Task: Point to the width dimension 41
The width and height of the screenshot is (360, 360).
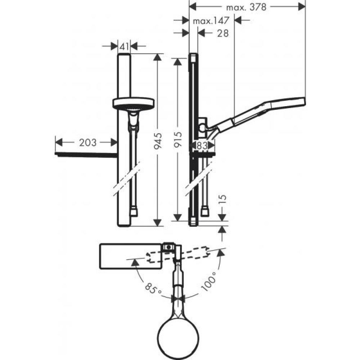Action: coord(124,46)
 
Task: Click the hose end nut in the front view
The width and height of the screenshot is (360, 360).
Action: coord(134,212)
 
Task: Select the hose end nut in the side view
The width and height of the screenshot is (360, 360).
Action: coord(205,212)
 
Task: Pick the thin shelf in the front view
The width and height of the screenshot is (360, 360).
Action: coord(86,155)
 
